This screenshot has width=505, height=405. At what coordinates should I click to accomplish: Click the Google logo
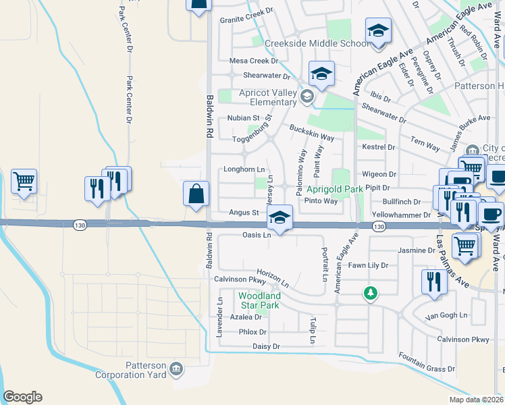point(22,397)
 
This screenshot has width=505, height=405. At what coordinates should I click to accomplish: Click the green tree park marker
point(369,293)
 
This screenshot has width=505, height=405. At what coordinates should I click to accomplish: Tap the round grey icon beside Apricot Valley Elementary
point(307,97)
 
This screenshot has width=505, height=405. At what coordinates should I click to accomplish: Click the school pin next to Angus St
point(280,217)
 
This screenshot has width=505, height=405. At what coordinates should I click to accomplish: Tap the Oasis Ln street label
point(257,235)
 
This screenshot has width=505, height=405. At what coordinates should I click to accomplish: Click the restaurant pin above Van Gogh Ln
point(433,282)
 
